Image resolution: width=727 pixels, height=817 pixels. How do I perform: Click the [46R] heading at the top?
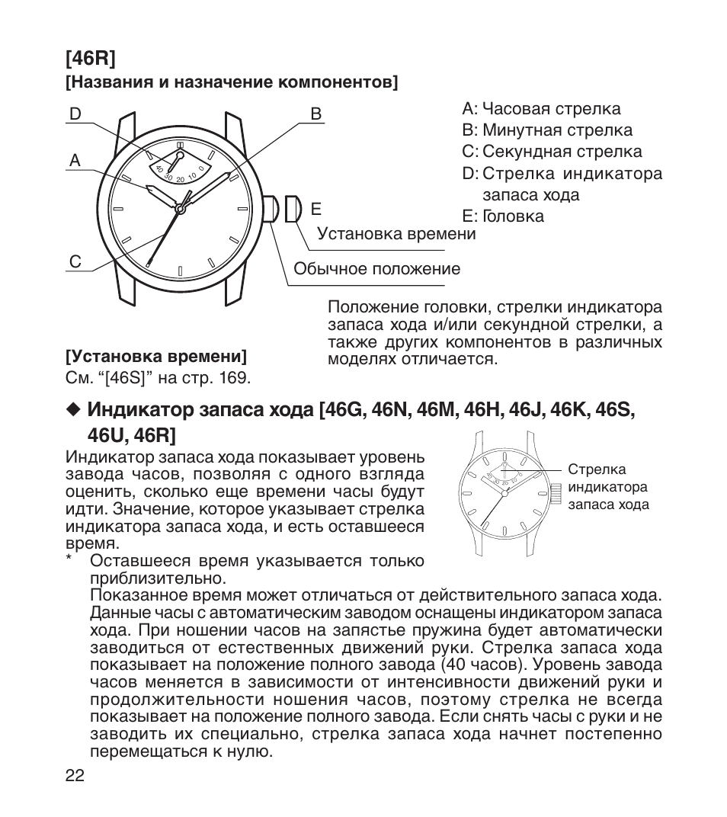pos(89,58)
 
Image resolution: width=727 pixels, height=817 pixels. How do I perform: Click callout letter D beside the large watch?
pos(75,114)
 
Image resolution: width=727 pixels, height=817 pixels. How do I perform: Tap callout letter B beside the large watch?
pos(316,114)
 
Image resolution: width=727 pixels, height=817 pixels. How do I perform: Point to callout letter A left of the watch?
pos(75,161)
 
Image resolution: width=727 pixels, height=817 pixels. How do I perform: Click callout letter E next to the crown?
pos(316,209)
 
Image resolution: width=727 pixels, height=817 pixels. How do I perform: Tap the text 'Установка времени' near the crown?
pos(396,234)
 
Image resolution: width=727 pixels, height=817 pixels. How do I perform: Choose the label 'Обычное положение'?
pos(376,269)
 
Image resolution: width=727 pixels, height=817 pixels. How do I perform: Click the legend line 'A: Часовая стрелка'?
pos(541,109)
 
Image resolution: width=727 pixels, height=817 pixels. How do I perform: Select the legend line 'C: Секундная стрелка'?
pos(552,152)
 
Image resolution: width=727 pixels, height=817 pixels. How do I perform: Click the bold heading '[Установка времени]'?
pos(156,357)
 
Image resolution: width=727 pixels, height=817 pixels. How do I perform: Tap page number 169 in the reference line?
pos(234,378)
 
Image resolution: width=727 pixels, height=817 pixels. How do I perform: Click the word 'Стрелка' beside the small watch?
pos(597,470)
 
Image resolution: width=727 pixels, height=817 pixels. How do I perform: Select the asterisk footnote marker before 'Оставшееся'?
pos(69,561)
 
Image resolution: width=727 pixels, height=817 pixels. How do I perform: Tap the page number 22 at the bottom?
pos(75,776)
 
